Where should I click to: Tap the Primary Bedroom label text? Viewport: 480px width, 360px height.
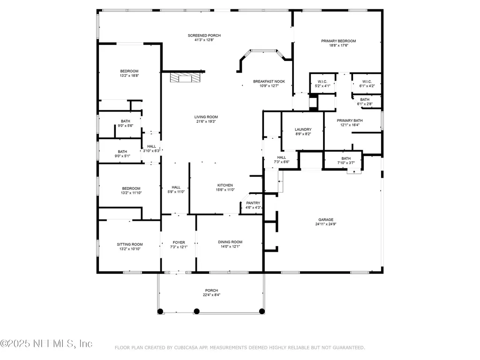point(338,41)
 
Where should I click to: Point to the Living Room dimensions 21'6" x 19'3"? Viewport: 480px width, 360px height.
point(206,122)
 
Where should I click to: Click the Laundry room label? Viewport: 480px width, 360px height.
point(303,129)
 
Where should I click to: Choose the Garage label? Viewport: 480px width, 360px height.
point(326,220)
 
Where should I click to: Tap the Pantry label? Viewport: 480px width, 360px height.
point(253,203)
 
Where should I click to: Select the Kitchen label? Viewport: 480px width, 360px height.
point(225,185)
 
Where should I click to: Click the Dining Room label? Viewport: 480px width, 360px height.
point(230,242)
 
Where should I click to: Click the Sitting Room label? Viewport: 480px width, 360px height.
point(129,244)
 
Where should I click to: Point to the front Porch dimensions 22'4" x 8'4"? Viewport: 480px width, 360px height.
point(211,295)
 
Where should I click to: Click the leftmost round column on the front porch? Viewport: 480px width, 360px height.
point(160,311)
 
